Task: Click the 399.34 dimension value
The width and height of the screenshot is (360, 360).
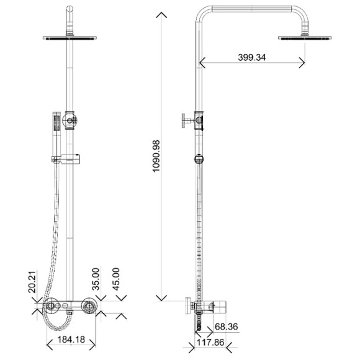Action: tap(251, 57)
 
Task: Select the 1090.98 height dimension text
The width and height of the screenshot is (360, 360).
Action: tap(156, 156)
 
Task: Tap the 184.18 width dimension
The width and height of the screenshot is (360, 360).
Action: tap(71, 340)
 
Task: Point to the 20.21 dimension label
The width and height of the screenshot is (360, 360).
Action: tap(32, 282)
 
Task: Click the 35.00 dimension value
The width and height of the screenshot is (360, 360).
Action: tap(96, 279)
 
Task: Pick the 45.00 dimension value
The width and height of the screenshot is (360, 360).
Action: tap(116, 279)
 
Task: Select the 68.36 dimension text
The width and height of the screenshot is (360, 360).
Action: tap(227, 326)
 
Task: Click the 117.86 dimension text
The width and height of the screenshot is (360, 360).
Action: tap(210, 343)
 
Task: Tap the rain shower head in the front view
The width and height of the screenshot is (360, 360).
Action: tap(70, 38)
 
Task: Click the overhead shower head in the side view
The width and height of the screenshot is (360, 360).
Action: tap(305, 38)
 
